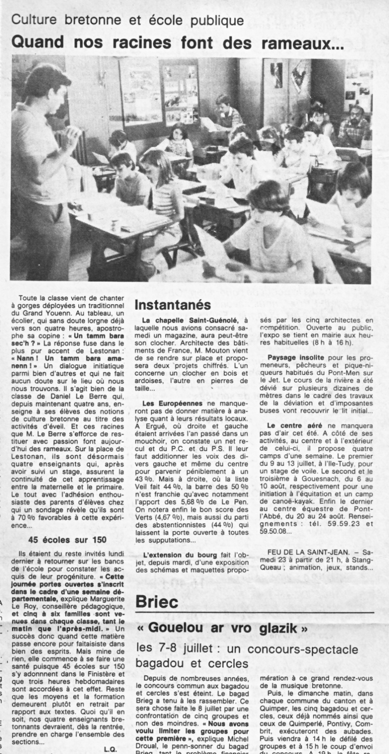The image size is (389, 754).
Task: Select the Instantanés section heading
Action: [173, 305]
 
